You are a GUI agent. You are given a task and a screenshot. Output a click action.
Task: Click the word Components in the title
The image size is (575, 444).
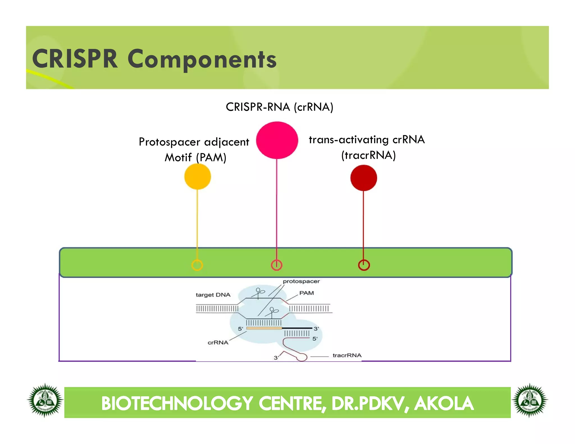(x=202, y=59)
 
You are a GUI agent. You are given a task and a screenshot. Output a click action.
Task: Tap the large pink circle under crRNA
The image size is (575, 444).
(x=277, y=140)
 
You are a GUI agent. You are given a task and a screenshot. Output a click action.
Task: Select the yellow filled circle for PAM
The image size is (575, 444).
(x=197, y=177)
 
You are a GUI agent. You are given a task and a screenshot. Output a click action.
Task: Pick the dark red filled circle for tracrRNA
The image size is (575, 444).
(x=364, y=178)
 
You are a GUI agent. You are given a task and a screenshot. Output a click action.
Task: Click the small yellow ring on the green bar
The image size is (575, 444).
(x=197, y=265)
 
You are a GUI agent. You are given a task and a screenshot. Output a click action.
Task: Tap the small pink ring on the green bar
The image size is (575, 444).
(x=277, y=265)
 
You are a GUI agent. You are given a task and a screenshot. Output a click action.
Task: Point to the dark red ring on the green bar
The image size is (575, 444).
(x=364, y=265)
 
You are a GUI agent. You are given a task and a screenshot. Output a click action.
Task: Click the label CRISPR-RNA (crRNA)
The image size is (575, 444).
(x=279, y=107)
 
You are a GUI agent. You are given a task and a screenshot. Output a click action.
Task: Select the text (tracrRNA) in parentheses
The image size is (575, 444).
(x=368, y=155)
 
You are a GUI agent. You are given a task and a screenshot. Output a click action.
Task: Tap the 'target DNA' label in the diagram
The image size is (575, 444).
(x=213, y=295)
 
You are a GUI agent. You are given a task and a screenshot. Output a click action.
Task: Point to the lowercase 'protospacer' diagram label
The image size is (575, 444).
(x=301, y=281)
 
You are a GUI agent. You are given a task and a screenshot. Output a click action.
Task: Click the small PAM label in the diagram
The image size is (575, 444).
(x=306, y=293)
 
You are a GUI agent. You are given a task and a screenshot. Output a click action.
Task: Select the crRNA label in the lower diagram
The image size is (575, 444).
(x=218, y=342)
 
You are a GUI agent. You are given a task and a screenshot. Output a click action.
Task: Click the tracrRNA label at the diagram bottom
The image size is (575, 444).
(x=347, y=355)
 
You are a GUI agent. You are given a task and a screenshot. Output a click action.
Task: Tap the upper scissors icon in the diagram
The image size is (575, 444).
(x=259, y=292)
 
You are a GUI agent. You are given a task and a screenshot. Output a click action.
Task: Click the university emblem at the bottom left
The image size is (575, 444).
(x=45, y=400)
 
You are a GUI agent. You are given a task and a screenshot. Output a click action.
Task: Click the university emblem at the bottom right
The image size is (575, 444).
(x=530, y=400)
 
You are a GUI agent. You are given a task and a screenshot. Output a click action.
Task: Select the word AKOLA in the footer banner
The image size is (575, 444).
(x=444, y=403)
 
